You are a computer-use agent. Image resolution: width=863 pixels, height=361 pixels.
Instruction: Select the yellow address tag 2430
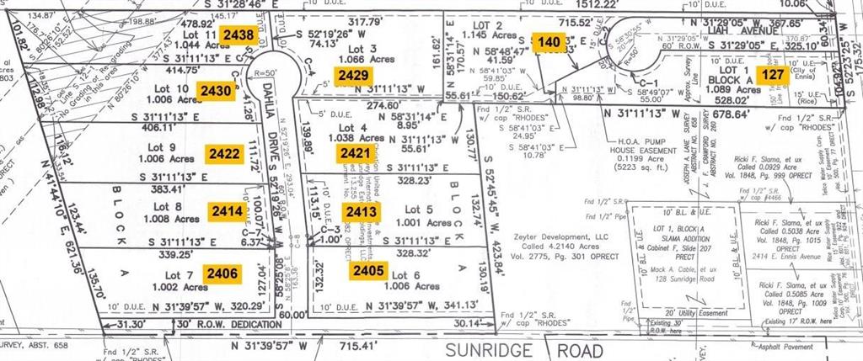[214, 90]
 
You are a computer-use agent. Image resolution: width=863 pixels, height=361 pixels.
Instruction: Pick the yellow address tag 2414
[228, 210]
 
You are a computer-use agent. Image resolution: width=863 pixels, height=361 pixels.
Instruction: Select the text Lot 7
[178, 274]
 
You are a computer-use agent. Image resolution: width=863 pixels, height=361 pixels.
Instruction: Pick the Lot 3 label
[360, 49]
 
